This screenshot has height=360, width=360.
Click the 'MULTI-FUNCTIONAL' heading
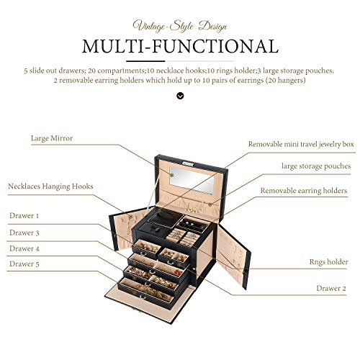[179, 46]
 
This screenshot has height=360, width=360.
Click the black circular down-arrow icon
[179, 96]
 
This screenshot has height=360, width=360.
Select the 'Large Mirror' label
[51, 137]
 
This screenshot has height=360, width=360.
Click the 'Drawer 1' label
[24, 215]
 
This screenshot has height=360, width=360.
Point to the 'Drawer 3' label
[24, 233]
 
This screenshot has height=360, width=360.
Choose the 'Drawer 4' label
[24, 248]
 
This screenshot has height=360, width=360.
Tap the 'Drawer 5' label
[24, 264]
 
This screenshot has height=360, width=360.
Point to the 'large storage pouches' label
[316, 166]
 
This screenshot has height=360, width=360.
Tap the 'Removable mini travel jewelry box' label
[301, 144]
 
